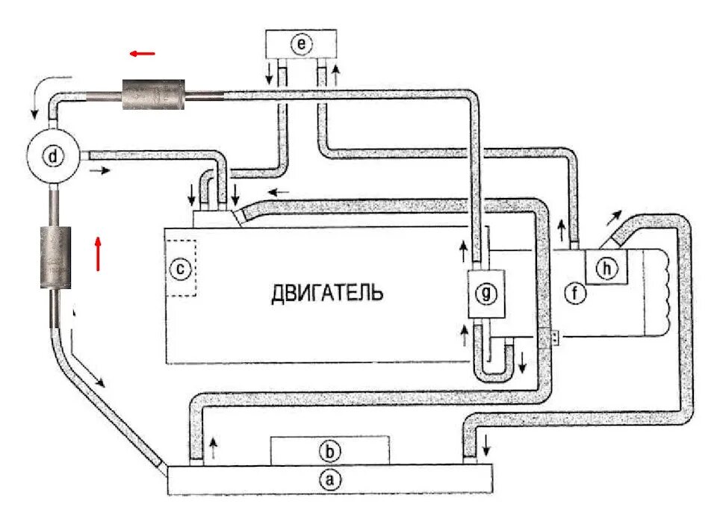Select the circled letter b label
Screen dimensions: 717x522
pyautogui.click(x=329, y=451)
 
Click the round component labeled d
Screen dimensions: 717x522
pyautogui.click(x=52, y=158)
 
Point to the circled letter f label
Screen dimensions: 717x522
pyautogui.click(x=576, y=294)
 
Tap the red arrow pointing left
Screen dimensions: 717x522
pyautogui.click(x=142, y=54)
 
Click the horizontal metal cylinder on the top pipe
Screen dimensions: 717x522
pyautogui.click(x=153, y=95)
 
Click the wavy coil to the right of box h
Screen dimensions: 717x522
pyautogui.click(x=664, y=291)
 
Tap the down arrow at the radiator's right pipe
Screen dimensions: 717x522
pyautogui.click(x=487, y=447)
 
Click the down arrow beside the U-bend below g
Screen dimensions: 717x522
pyautogui.click(x=522, y=363)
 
